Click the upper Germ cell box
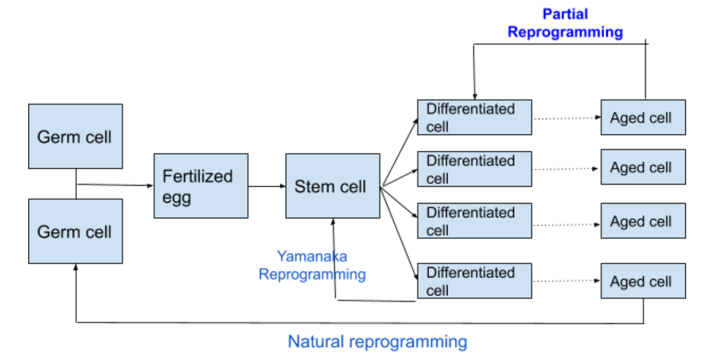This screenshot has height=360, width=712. (x=75, y=136)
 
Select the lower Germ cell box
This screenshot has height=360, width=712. (x=75, y=231)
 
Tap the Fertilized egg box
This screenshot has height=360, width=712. (x=201, y=186)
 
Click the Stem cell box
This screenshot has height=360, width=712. (x=332, y=186)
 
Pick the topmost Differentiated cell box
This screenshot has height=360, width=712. (x=474, y=118)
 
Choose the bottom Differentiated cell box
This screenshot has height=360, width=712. (x=474, y=281)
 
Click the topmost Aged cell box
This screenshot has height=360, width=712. (x=643, y=118)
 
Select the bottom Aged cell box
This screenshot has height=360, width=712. (x=643, y=281)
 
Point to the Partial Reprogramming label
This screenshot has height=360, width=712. (x=565, y=23)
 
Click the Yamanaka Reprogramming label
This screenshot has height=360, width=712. (x=312, y=265)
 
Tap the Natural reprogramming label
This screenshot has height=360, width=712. (x=377, y=341)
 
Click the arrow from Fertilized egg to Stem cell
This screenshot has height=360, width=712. (x=267, y=186)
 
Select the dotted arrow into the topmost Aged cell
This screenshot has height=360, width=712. (x=566, y=118)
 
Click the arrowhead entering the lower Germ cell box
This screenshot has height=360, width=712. (x=76, y=267)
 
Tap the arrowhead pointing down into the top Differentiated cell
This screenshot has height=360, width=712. (x=475, y=96)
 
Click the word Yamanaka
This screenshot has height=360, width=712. (x=312, y=257)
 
